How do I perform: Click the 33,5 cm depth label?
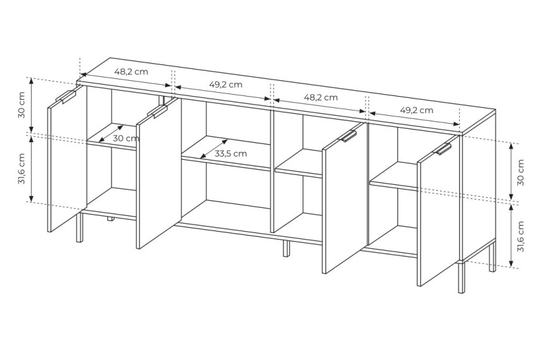230,153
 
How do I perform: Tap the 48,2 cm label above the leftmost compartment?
131,72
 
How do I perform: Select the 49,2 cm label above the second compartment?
226,84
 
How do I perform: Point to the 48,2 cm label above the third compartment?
321,97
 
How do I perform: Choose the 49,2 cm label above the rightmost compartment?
417,110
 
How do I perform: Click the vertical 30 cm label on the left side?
22,105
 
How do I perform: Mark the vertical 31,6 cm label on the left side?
22,169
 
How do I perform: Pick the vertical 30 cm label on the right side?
520,172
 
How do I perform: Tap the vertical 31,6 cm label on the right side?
520,237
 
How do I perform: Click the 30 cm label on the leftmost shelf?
126,138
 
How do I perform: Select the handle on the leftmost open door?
66,97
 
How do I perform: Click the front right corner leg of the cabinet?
461,277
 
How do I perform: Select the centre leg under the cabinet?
286,248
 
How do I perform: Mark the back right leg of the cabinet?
492,259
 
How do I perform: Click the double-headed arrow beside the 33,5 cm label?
214,149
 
